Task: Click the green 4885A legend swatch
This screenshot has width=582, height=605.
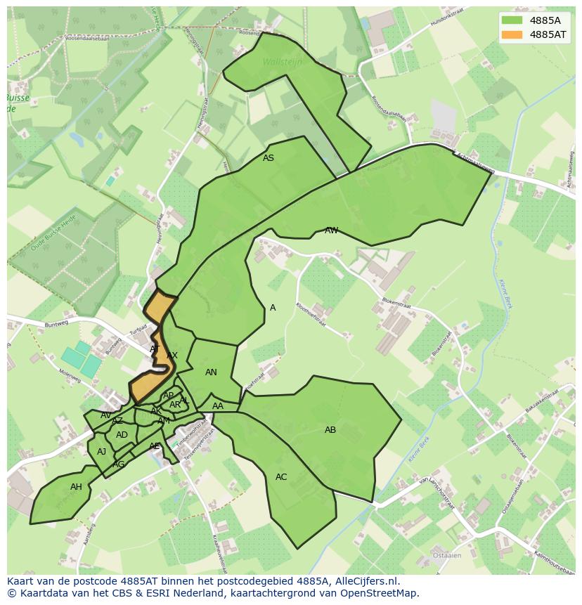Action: tap(512, 20)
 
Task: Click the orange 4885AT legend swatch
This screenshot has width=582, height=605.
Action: tap(512, 34)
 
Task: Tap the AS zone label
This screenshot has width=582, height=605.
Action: tap(269, 158)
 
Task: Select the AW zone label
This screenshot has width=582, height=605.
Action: tap(331, 230)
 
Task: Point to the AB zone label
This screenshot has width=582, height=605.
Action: tap(330, 430)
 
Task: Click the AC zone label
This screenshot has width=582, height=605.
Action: tap(281, 477)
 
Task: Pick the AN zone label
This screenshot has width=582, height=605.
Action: tap(211, 372)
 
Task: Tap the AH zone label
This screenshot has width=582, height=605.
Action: tap(76, 487)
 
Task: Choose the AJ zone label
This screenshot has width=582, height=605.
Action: tap(102, 452)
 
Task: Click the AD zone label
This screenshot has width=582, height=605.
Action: tap(122, 435)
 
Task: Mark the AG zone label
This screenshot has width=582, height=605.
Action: tap(119, 464)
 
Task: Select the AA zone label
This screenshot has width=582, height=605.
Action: tap(218, 406)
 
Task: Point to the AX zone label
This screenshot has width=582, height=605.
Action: tap(172, 356)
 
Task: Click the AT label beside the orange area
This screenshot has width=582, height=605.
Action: tap(155, 349)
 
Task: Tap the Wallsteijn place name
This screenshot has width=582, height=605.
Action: tap(282, 62)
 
